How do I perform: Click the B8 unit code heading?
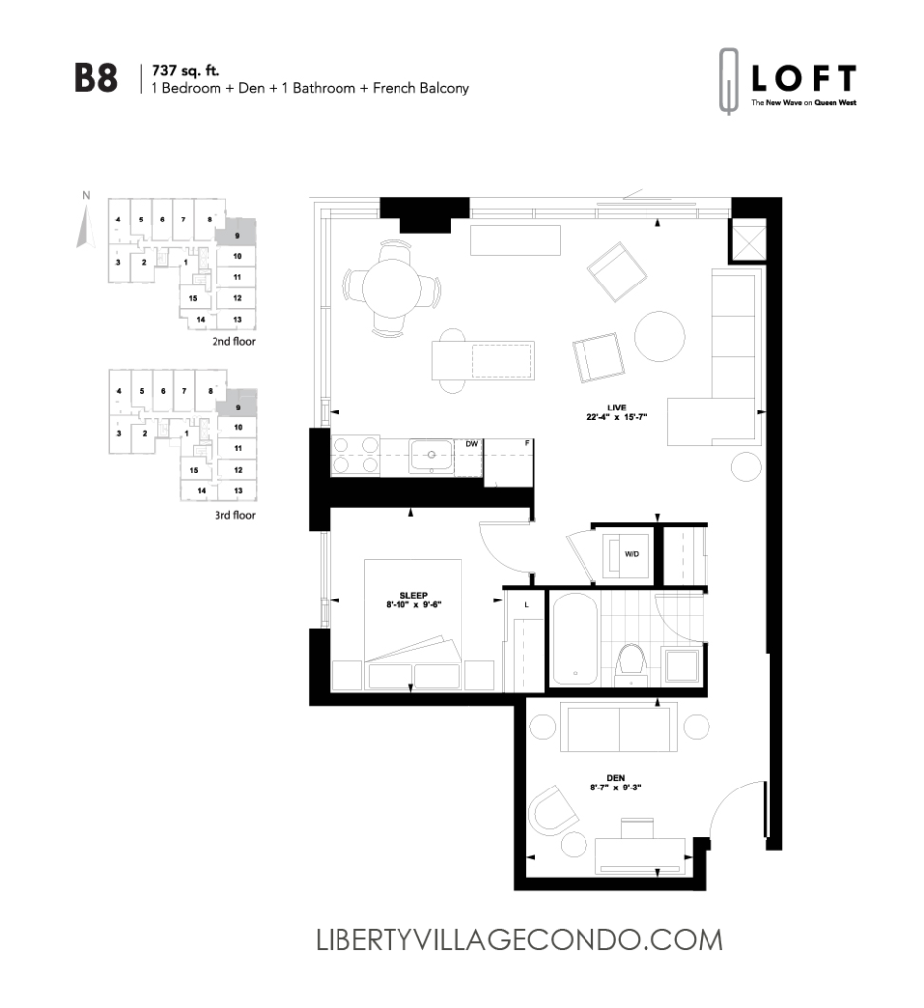coord(96,79)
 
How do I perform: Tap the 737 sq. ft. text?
coord(182,71)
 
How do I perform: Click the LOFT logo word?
coord(803,79)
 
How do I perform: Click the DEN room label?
coord(616,778)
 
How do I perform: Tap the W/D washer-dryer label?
coord(631,554)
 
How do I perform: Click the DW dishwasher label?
coord(472,444)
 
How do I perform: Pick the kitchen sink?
coord(430,456)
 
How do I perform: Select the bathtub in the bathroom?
coord(573,641)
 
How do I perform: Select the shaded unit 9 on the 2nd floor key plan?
coord(236,233)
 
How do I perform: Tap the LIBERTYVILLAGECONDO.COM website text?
coord(519,940)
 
